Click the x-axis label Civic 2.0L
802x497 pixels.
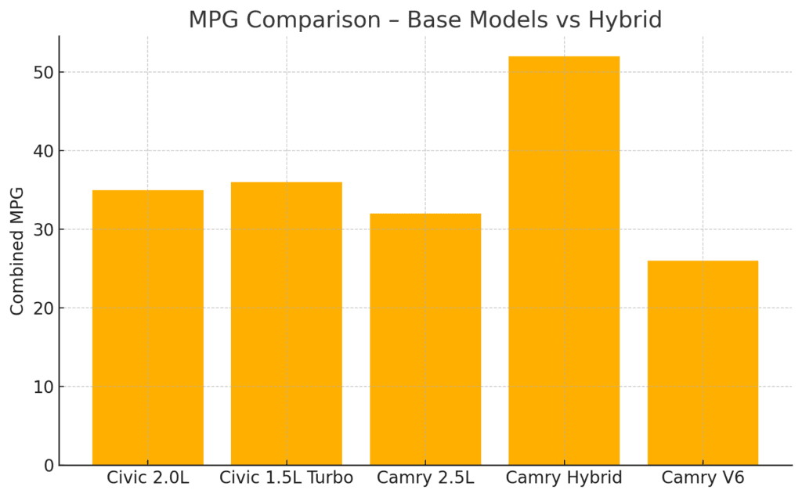click(147, 477)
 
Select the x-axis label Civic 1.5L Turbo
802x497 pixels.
click(286, 477)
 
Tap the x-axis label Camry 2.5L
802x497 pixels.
click(425, 477)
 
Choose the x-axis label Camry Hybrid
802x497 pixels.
click(564, 477)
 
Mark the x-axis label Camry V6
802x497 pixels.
click(703, 477)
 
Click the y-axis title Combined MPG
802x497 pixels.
click(17, 250)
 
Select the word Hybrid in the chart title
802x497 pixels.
click(626, 20)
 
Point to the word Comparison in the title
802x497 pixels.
click(313, 20)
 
